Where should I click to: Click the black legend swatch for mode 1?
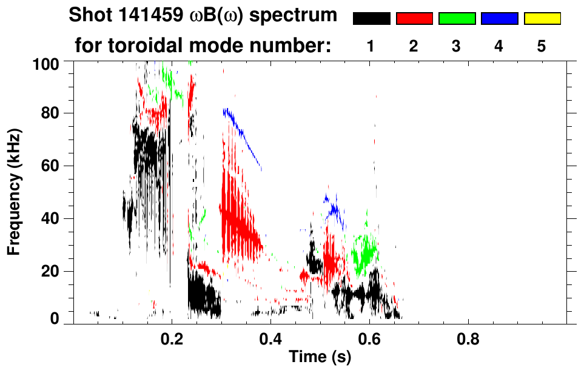click(x=372, y=19)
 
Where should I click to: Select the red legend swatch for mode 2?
click(x=414, y=19)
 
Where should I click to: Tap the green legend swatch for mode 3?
click(x=457, y=19)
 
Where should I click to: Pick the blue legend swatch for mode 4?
click(x=499, y=19)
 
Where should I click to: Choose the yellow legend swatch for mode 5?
click(x=542, y=19)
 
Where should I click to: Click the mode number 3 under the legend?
click(x=457, y=46)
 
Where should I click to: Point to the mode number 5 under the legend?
click(x=542, y=46)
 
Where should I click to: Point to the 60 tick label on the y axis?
click(x=52, y=166)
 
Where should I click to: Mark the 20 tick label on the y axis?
click(x=52, y=271)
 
